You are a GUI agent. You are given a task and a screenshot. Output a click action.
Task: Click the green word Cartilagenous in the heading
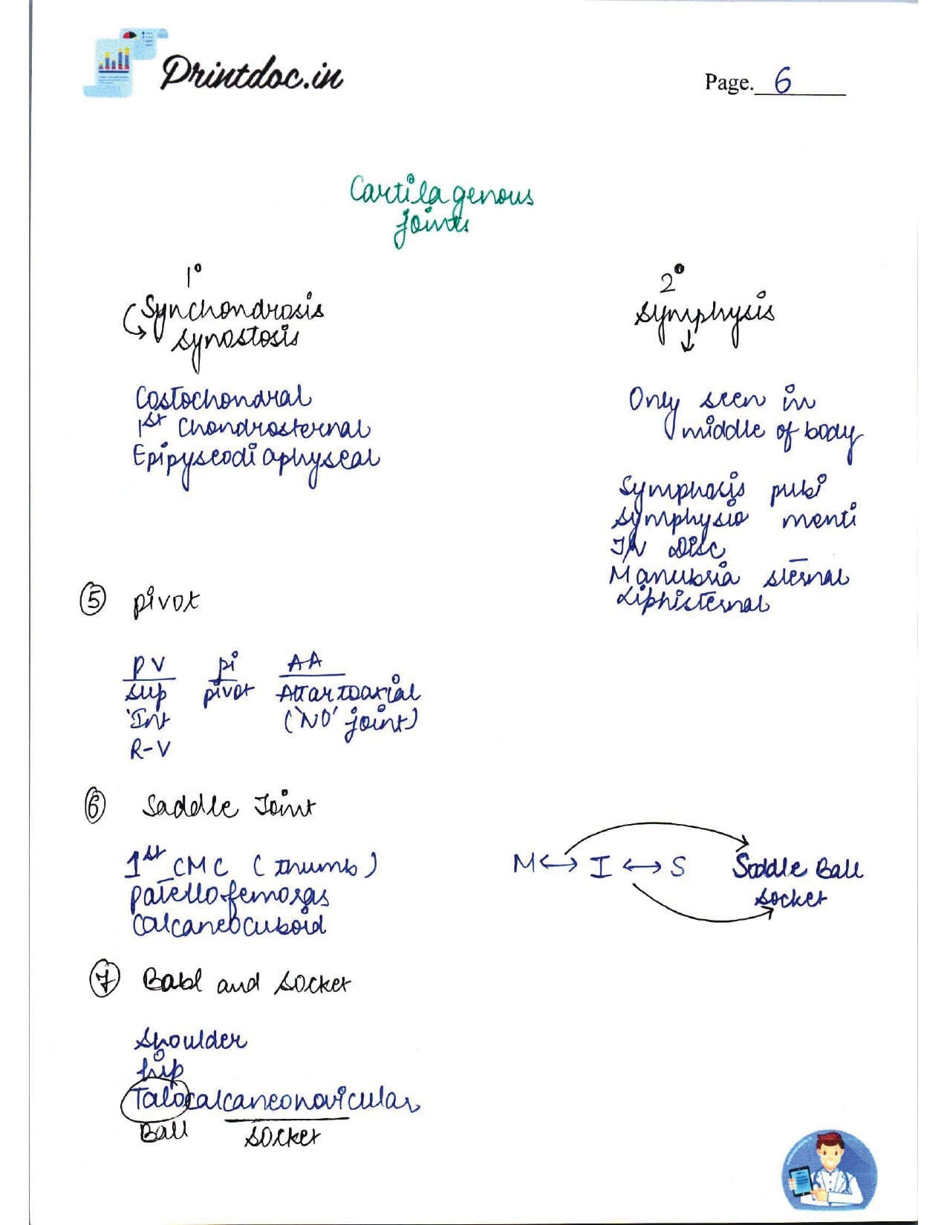(x=441, y=194)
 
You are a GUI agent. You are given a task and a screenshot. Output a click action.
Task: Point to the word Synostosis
(x=235, y=342)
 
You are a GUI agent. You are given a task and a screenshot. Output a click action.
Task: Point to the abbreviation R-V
(x=150, y=751)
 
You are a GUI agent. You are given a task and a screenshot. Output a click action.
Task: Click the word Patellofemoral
(x=230, y=897)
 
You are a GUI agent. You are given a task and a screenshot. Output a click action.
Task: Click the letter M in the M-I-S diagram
(x=522, y=864)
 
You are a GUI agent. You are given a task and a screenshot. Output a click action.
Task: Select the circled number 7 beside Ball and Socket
(x=103, y=981)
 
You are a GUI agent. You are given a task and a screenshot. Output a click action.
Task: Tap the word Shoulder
(x=190, y=1041)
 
